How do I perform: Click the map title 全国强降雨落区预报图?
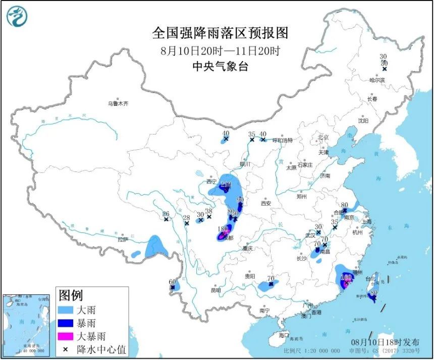tap(220, 33)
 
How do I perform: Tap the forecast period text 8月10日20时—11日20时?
tap(220, 51)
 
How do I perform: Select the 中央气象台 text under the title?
tap(220, 67)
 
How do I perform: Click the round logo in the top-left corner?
tap(17, 16)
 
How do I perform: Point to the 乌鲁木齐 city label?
tap(118, 104)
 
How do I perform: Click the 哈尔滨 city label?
tap(376, 80)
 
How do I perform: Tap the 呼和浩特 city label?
tap(283, 140)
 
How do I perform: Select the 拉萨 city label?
tap(123, 239)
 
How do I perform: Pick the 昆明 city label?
tap(216, 290)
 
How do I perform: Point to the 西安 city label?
tap(266, 204)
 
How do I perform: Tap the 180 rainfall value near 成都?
tap(222, 229)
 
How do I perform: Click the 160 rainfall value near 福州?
tap(346, 277)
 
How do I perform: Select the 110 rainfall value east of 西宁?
tap(226, 184)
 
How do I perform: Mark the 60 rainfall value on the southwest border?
tap(172, 281)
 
